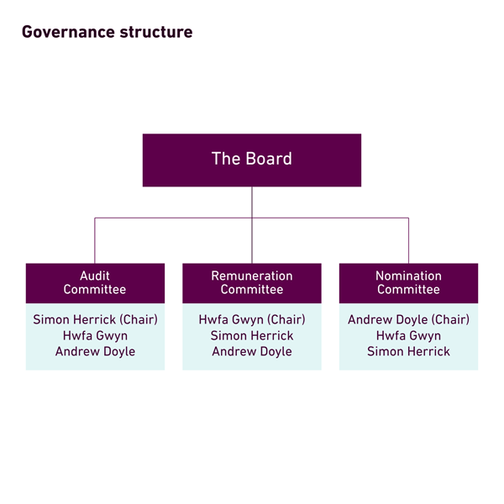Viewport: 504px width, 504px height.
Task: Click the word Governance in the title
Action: point(68,32)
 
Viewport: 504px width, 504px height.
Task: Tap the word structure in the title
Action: point(156,32)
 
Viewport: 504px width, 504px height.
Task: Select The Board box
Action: point(252,160)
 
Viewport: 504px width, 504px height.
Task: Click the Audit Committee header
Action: point(95,283)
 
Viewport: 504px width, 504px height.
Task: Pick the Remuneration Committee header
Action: point(252,283)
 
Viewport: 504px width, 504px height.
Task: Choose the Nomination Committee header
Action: point(408,283)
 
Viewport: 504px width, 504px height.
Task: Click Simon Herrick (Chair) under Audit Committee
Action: point(95,319)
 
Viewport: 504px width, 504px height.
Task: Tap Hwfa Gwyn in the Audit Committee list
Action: point(95,336)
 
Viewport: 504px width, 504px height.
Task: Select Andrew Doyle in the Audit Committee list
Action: point(95,352)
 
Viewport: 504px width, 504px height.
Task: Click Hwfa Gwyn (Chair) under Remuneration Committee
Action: point(252,319)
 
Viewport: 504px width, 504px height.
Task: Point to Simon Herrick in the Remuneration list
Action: point(252,335)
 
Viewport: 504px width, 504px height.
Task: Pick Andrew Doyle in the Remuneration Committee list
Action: point(252,352)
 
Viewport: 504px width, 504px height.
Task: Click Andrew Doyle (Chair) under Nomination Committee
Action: point(408,319)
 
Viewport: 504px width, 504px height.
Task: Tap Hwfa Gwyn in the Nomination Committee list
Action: point(408,336)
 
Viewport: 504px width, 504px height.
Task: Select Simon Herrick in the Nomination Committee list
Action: point(408,351)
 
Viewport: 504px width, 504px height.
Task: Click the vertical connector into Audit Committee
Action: point(95,241)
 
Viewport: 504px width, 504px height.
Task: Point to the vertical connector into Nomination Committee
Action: point(408,241)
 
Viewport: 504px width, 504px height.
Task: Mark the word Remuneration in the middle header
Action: point(252,276)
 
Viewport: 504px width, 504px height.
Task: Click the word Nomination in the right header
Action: point(408,276)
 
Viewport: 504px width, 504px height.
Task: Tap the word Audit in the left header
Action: point(95,276)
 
